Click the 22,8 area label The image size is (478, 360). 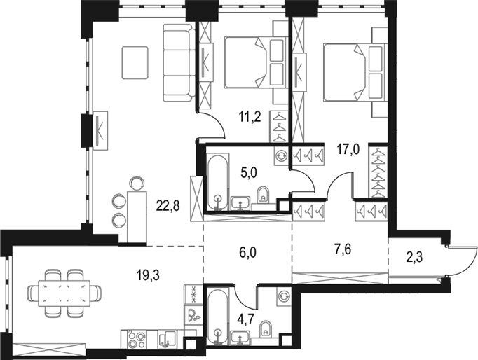click(168, 207)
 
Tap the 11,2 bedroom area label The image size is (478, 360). click(250, 117)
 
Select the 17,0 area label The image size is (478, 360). click(348, 150)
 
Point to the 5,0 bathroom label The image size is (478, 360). click(249, 173)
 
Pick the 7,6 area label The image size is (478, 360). click(343, 250)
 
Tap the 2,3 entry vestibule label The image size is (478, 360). click(414, 257)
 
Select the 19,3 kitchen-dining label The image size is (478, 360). click(148, 275)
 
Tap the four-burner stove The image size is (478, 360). click(136, 339)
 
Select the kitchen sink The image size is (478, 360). click(167, 339)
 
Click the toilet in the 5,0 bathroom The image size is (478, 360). click(263, 195)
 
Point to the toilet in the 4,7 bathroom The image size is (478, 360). click(266, 329)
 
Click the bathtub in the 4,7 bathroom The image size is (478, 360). click(217, 317)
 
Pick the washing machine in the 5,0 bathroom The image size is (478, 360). click(280, 155)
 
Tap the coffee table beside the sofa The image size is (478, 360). click(135, 62)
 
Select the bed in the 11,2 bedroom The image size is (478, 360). click(256, 62)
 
